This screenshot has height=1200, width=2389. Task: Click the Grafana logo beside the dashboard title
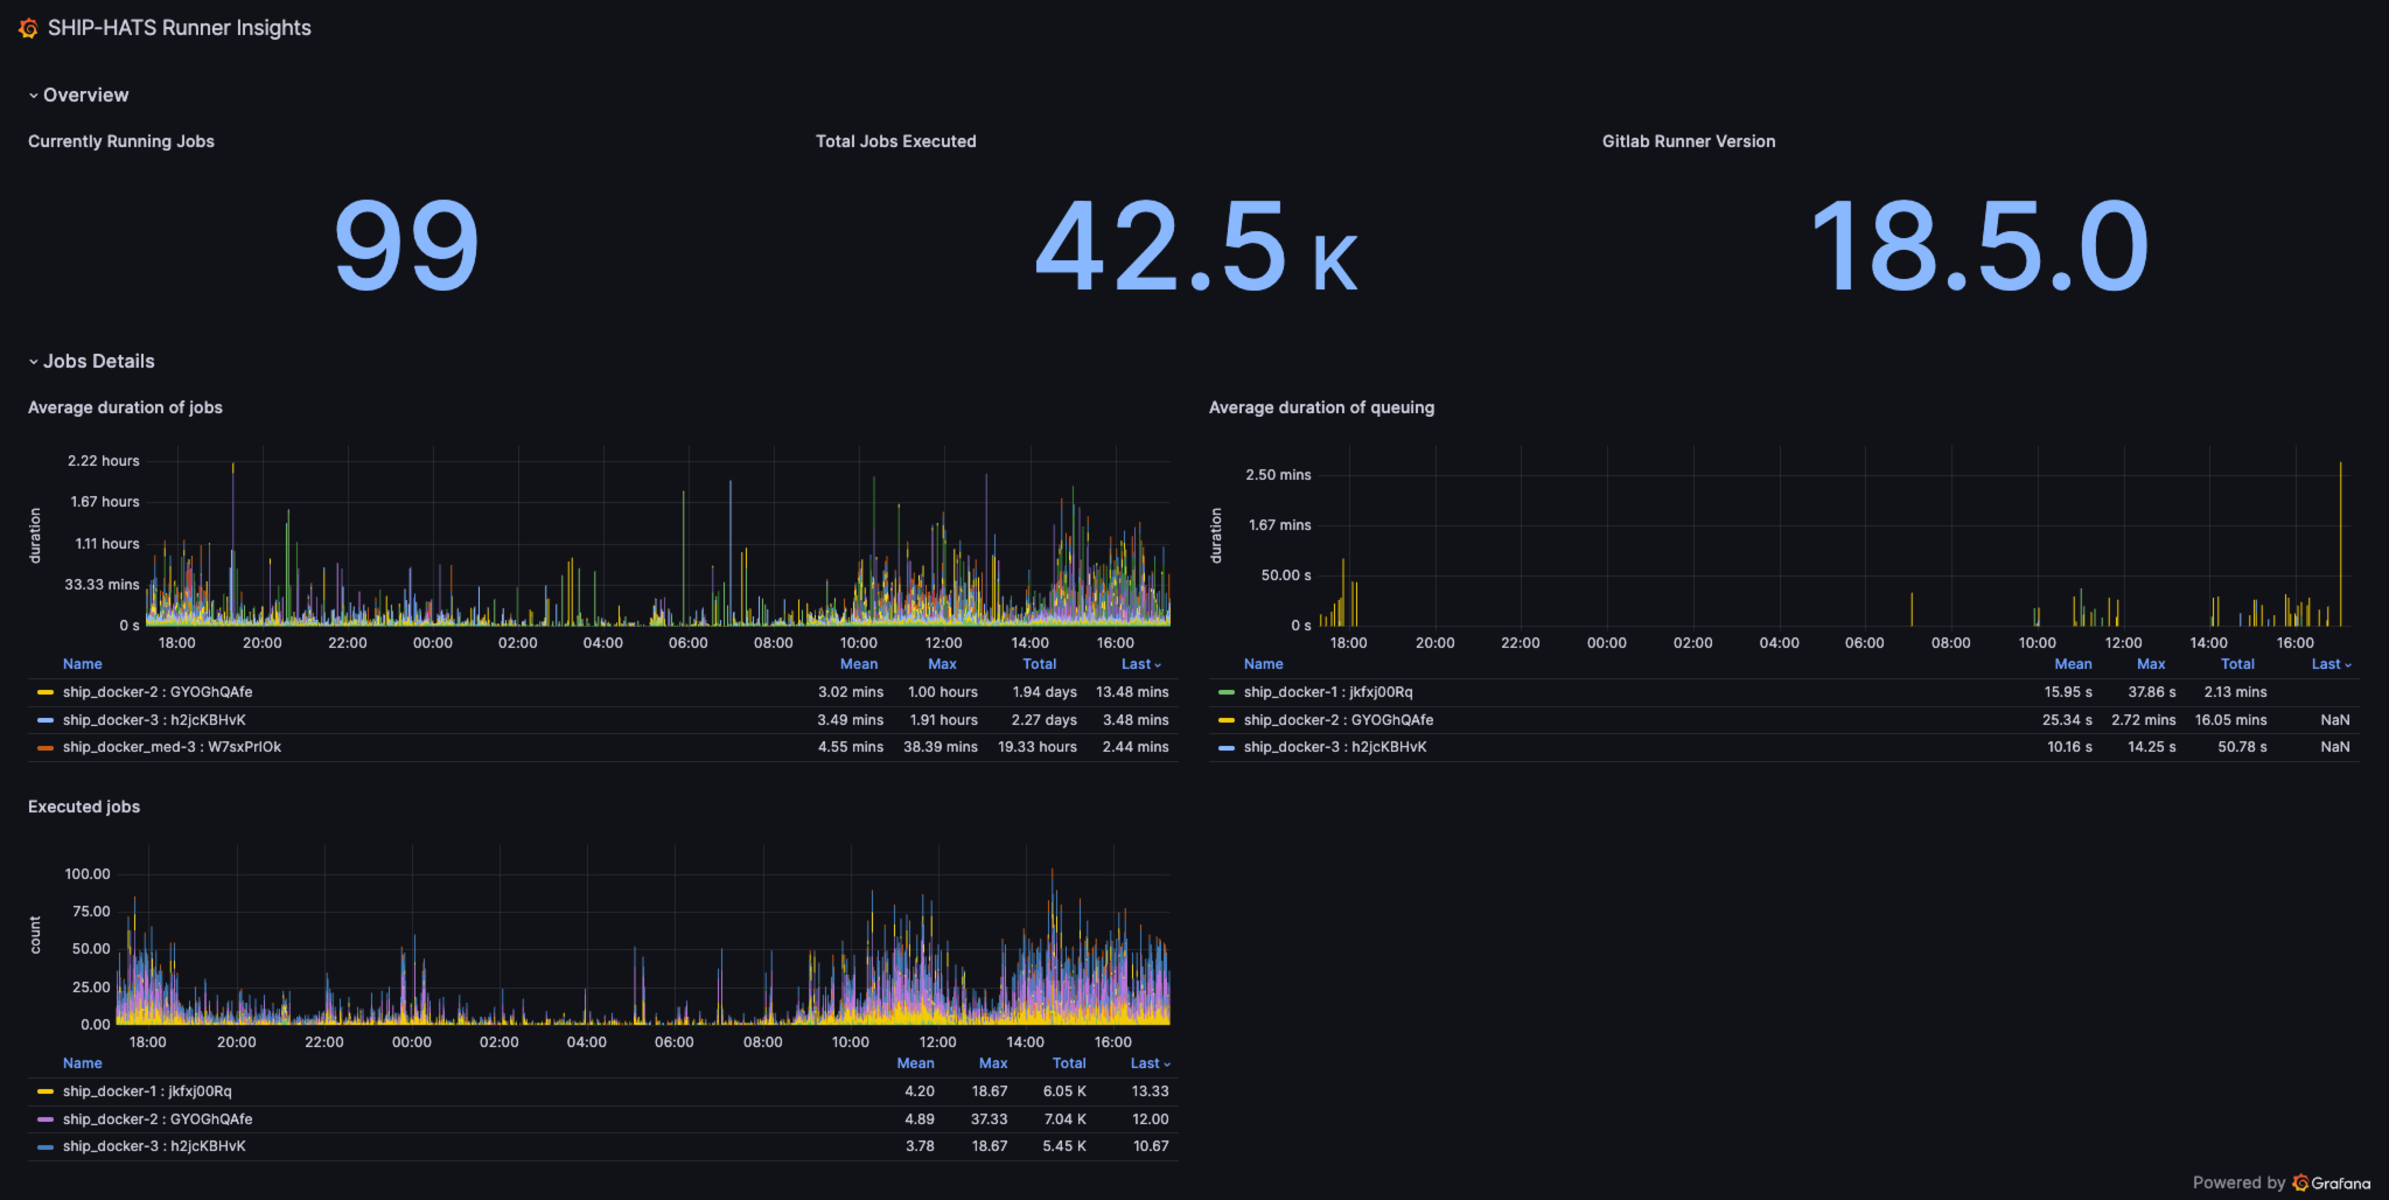click(x=28, y=29)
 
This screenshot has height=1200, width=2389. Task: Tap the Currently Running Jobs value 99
click(x=406, y=245)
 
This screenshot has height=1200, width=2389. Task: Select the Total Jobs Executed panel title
click(x=895, y=141)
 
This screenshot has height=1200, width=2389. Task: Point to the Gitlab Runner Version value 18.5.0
click(x=1979, y=245)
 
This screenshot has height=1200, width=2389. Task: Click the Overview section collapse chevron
click(x=33, y=96)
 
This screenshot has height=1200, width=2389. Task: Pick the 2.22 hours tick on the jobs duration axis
click(x=103, y=461)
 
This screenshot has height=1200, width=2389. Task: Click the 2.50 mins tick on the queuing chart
click(x=1278, y=475)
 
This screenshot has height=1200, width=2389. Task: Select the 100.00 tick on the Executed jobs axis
click(x=87, y=874)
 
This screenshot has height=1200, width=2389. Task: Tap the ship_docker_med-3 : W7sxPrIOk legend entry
click(x=172, y=746)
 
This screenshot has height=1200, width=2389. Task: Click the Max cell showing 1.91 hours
click(x=943, y=720)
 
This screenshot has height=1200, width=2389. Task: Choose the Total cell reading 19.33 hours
click(x=1037, y=746)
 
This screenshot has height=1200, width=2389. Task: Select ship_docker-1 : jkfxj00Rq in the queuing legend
click(x=1328, y=692)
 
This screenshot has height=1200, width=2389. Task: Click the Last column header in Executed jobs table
click(x=1149, y=1063)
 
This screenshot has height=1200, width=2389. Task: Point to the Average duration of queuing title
click(x=1321, y=407)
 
